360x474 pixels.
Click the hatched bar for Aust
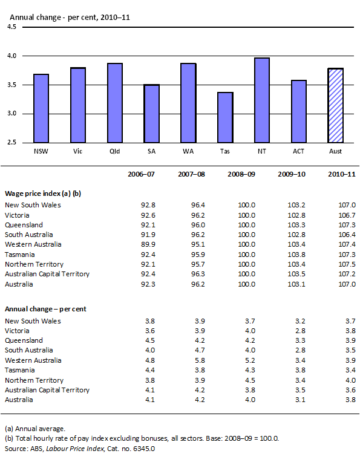click(x=335, y=106)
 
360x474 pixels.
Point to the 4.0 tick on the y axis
click(x=12, y=56)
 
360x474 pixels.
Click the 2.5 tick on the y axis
click(x=12, y=143)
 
